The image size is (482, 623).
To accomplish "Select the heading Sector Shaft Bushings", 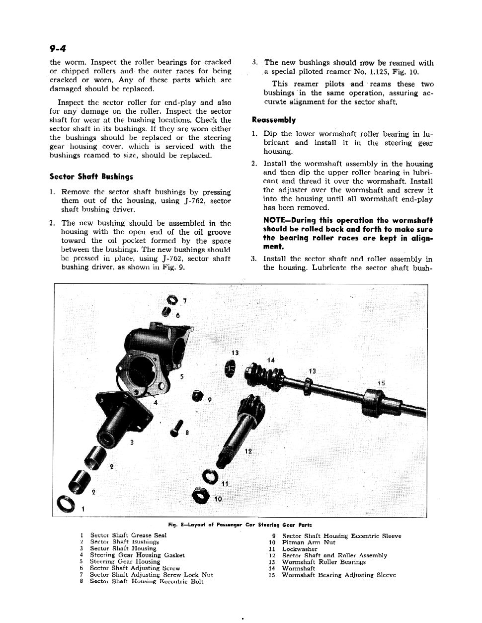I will [x=91, y=177].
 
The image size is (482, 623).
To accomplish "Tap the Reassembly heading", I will [x=273, y=120].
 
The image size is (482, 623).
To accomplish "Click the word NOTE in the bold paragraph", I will [x=274, y=220].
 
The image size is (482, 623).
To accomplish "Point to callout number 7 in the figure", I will [x=185, y=301].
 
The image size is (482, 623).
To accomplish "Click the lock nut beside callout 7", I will [x=171, y=300].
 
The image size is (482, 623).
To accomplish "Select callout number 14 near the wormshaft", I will [x=271, y=360].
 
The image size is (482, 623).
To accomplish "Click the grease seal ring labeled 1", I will [x=67, y=504].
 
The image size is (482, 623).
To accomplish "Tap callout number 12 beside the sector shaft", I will [x=248, y=451].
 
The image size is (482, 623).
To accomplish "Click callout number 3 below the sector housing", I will [x=132, y=442].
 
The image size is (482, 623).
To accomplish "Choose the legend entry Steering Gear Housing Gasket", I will [x=137, y=555].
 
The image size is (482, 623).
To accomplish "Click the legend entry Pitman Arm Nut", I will [x=308, y=542].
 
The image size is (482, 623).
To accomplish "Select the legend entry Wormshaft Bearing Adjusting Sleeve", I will [x=338, y=575].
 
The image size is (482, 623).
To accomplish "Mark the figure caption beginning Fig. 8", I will [x=240, y=525].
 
